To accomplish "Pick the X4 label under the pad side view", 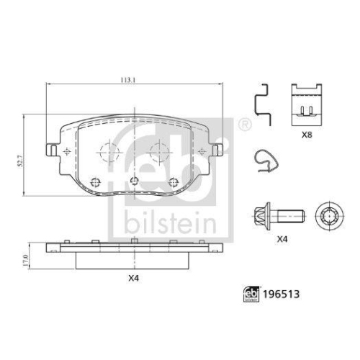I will click(132, 277).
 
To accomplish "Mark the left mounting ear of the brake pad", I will click(53, 150).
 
